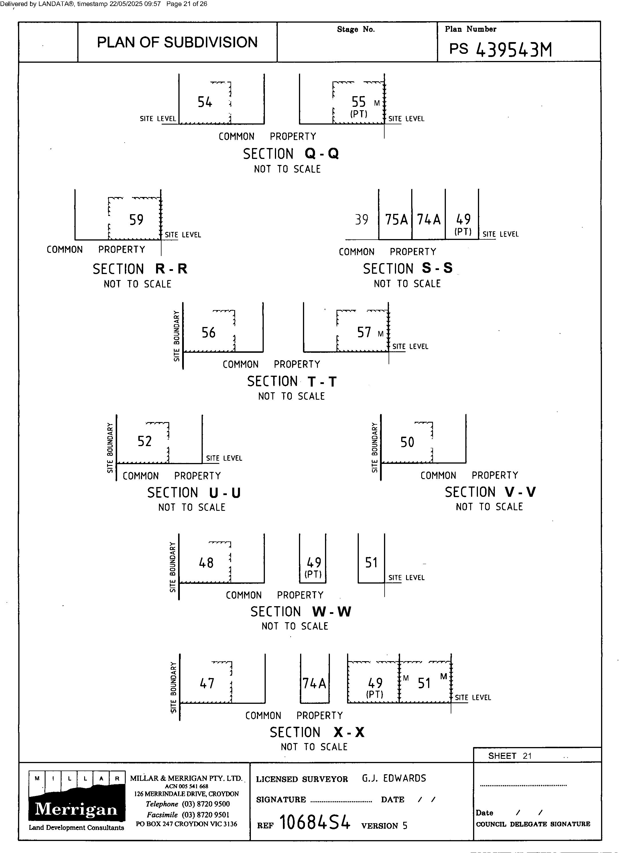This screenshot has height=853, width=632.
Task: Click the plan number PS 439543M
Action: (500, 49)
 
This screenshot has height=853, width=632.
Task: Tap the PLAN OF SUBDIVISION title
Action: (177, 42)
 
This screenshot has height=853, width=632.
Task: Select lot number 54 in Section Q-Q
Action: (205, 102)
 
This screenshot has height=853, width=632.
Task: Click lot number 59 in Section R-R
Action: (136, 220)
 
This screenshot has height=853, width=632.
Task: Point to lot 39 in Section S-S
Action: (361, 220)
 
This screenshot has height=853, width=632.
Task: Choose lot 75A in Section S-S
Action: (396, 220)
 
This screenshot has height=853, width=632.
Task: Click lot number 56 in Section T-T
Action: (208, 332)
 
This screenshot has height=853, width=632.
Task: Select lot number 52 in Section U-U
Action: (145, 442)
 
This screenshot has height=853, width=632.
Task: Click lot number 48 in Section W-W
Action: (206, 563)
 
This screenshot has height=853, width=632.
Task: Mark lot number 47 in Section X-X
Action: (207, 683)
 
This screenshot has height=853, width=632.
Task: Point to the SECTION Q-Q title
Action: (291, 154)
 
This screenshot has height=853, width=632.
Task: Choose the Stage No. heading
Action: (356, 29)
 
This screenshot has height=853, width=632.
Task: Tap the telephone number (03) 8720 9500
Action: (205, 804)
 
